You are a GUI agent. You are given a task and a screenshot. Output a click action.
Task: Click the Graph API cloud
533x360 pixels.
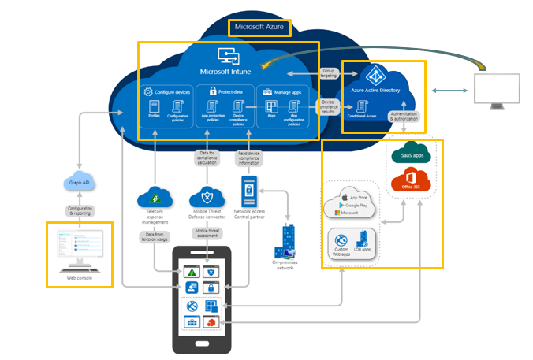(80, 180)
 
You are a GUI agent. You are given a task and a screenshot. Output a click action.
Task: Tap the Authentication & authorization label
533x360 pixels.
(405, 118)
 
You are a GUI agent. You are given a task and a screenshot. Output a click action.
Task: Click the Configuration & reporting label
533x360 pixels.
(80, 211)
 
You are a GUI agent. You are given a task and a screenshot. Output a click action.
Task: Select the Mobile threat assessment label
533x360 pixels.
(207, 233)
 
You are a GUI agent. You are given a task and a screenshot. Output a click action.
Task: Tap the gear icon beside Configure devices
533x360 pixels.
(147, 91)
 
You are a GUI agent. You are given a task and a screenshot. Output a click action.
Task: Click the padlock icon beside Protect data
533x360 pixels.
(211, 91)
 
